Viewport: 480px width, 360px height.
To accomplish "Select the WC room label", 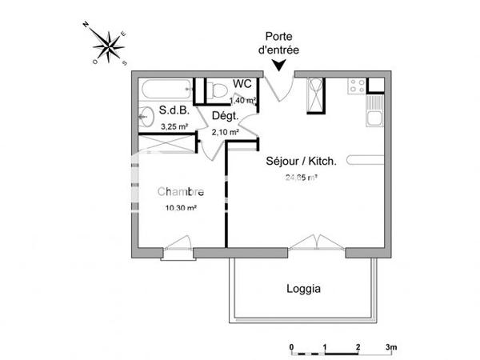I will click(242, 84).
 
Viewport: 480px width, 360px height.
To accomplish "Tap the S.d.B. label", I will click(173, 111).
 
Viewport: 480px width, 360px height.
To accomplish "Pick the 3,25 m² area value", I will click(174, 126).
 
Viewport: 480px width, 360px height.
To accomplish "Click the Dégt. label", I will click(225, 117).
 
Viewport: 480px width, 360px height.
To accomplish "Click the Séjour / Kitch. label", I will click(301, 161).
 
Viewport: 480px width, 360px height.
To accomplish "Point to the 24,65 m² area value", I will click(301, 178).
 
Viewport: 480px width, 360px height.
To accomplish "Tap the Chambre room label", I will click(180, 192).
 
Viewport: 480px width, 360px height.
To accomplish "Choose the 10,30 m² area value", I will click(181, 208).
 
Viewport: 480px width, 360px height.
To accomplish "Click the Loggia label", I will click(303, 289).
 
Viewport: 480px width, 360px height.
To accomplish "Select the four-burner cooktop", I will click(357, 85).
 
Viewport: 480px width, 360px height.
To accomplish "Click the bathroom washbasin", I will click(145, 117).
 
